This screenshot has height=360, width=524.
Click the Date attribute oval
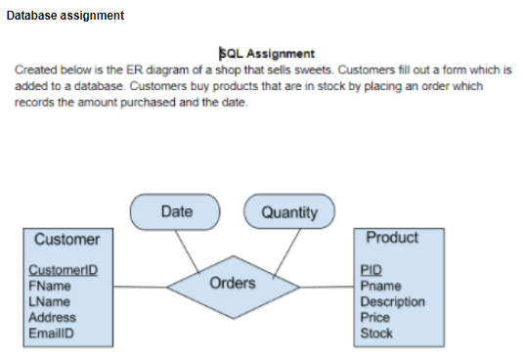pyautogui.click(x=176, y=211)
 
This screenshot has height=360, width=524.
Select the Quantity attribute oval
pyautogui.click(x=290, y=211)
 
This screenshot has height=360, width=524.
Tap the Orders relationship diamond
pyautogui.click(x=233, y=285)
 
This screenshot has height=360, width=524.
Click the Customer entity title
pyautogui.click(x=66, y=239)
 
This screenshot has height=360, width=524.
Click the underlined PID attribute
pyautogui.click(x=371, y=271)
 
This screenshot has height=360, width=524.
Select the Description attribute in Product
pyautogui.click(x=393, y=302)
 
